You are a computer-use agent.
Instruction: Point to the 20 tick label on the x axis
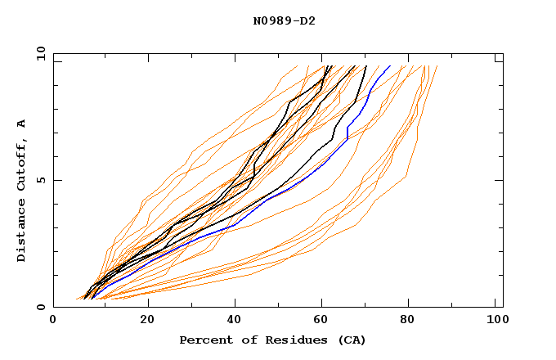(148, 321)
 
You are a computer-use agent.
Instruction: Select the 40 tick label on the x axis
(236, 321)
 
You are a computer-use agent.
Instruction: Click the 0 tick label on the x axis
(53, 321)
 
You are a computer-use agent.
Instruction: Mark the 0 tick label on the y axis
(40, 307)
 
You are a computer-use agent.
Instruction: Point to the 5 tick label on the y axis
(40, 180)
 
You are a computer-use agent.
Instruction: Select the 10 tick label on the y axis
(38, 53)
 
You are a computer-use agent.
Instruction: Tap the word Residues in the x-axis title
(288, 340)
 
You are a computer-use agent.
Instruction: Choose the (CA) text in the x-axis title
(348, 340)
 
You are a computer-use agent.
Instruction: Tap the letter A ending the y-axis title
(21, 124)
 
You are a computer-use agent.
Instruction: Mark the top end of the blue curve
(390, 65)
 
